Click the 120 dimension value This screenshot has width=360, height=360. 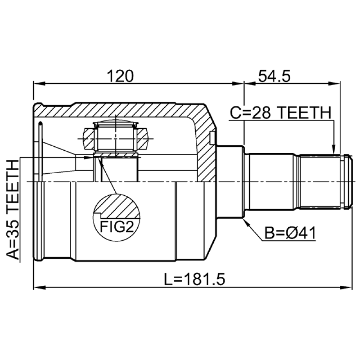pyautogui.click(x=120, y=76)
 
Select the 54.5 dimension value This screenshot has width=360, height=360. pyautogui.click(x=274, y=76)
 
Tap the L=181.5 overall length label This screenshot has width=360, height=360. pyautogui.click(x=194, y=279)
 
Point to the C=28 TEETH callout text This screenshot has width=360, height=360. pyautogui.click(x=281, y=113)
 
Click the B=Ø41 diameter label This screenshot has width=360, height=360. pyautogui.click(x=290, y=233)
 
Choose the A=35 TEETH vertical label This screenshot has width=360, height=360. pyautogui.click(x=13, y=210)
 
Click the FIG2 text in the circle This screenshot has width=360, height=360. pyautogui.click(x=117, y=227)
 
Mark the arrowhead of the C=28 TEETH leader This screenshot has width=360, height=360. pyautogui.click(x=333, y=150)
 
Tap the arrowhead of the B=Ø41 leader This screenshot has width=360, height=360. pyautogui.click(x=247, y=222)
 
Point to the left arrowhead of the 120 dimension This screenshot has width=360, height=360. pyautogui.click(x=39, y=84)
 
